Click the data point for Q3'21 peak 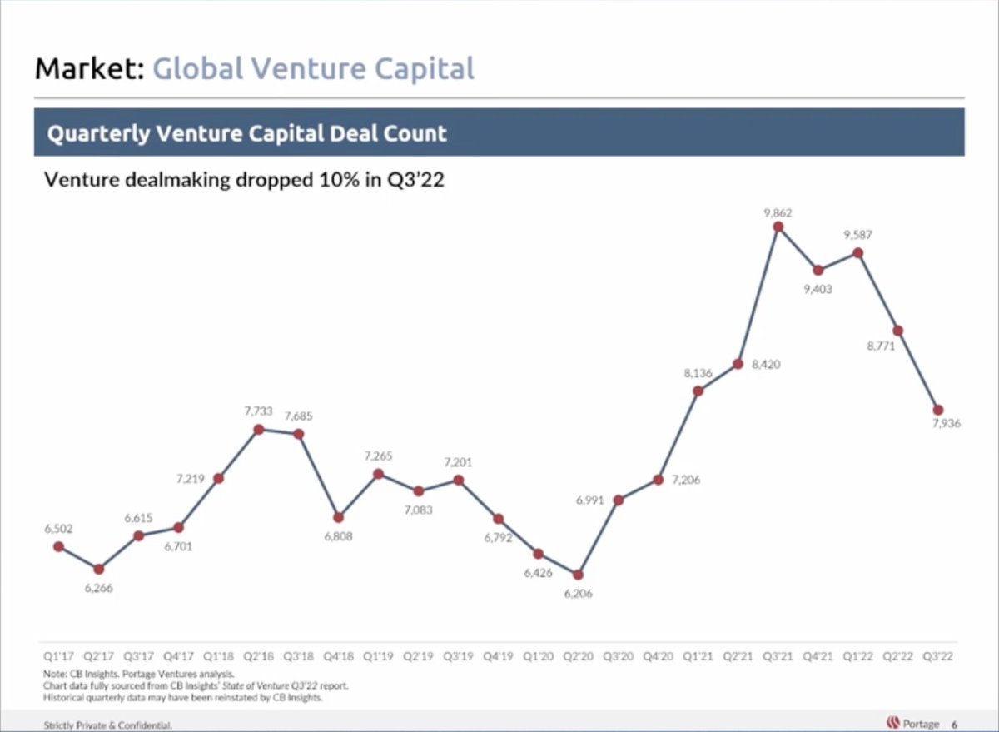click(778, 226)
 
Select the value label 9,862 click(778, 213)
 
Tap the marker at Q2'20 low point click(579, 575)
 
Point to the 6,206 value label click(578, 594)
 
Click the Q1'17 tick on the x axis click(57, 656)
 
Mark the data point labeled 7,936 click(938, 410)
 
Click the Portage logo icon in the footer click(893, 723)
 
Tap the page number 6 click(954, 724)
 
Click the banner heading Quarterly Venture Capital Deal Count click(247, 133)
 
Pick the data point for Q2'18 click(259, 429)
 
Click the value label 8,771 click(881, 346)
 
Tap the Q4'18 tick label click(338, 656)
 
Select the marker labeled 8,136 click(698, 391)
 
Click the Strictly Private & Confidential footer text click(107, 725)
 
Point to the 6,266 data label click(98, 588)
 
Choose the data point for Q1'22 click(858, 252)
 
